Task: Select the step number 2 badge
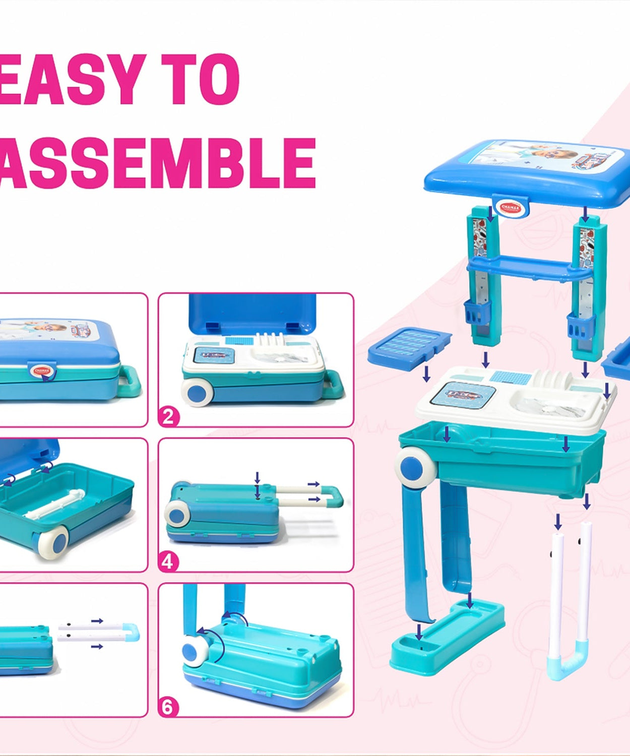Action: click(x=168, y=416)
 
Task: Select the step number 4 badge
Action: click(x=168, y=561)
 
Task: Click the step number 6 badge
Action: click(x=168, y=707)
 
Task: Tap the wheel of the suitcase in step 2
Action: click(x=198, y=392)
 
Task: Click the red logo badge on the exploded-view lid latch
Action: click(x=510, y=207)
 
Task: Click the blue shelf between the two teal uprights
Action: click(x=529, y=267)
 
